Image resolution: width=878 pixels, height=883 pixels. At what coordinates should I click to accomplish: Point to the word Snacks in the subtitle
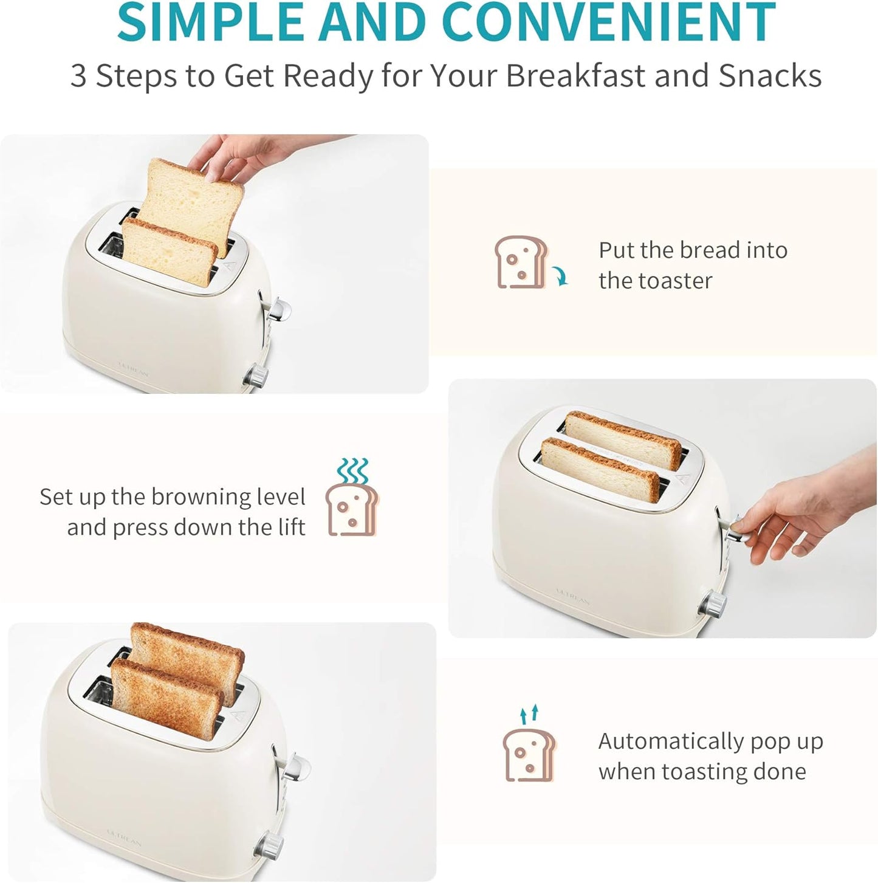pyautogui.click(x=770, y=77)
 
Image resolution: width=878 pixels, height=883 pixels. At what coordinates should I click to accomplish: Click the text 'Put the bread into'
pyautogui.click(x=693, y=250)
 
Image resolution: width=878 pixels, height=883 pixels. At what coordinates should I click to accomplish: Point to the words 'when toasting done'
pyautogui.click(x=702, y=772)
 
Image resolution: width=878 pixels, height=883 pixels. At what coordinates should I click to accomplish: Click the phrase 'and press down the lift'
pyautogui.click(x=186, y=527)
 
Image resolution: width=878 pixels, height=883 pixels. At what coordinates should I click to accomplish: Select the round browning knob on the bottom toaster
pyautogui.click(x=270, y=843)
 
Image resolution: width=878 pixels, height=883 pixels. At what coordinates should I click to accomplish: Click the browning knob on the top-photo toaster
pyautogui.click(x=256, y=377)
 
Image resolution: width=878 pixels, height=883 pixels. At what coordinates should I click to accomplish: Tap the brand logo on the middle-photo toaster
pyautogui.click(x=573, y=596)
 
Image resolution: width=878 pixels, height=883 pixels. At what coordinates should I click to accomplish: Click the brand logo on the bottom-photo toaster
pyautogui.click(x=124, y=837)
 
